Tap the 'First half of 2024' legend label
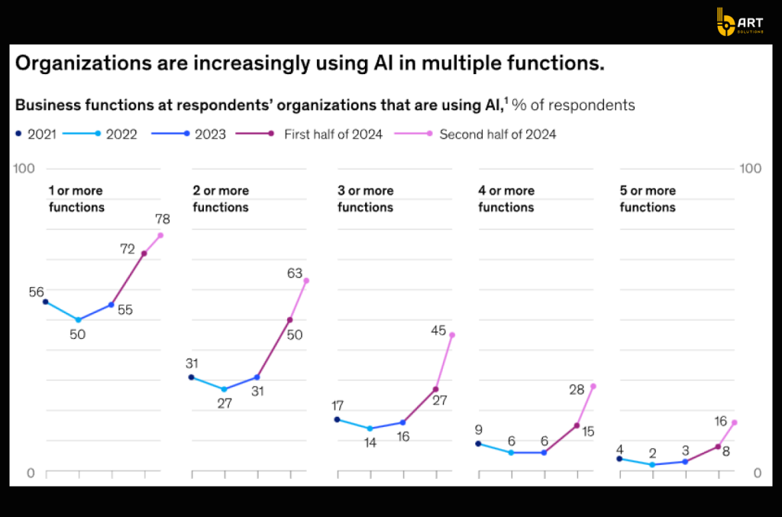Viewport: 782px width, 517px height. click(x=333, y=134)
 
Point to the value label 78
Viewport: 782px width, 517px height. click(x=162, y=219)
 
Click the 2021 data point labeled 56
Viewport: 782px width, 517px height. click(x=46, y=302)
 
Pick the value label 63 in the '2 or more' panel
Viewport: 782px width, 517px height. click(x=295, y=273)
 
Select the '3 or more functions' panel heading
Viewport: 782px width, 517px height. click(x=366, y=199)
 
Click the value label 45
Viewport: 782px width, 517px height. click(x=438, y=331)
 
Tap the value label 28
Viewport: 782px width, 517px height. click(x=577, y=389)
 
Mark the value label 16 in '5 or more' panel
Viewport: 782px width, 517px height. click(x=720, y=421)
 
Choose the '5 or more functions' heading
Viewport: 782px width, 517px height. click(x=648, y=199)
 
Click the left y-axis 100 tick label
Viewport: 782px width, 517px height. click(x=25, y=168)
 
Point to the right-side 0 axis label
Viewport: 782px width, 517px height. click(x=757, y=473)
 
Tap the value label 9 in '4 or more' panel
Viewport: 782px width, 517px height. click(x=478, y=429)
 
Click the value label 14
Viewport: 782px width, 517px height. click(x=370, y=442)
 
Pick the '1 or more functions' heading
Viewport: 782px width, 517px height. click(x=76, y=199)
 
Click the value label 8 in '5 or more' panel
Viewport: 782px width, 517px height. click(x=725, y=451)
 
